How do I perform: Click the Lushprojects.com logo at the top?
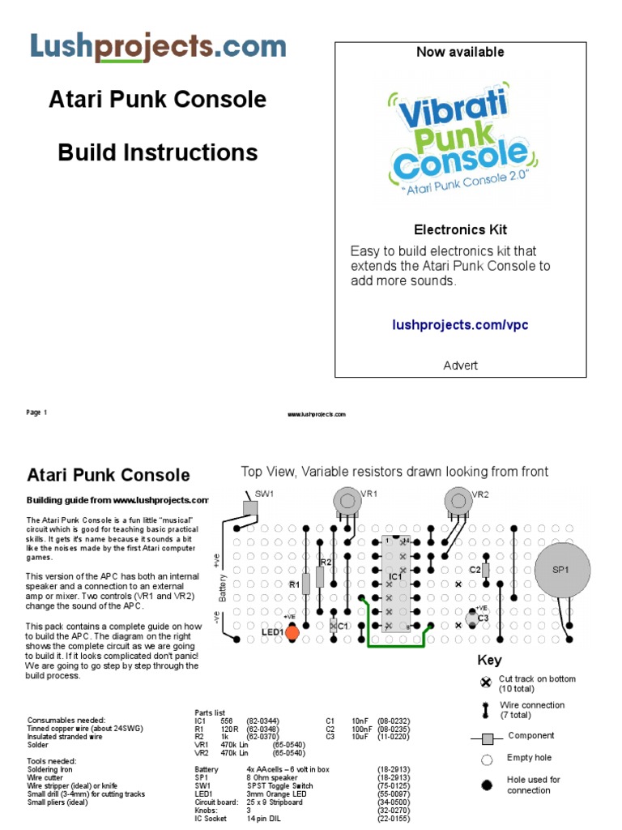(158, 46)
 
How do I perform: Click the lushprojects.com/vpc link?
(459, 325)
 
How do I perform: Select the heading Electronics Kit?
(460, 229)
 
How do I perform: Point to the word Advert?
(460, 366)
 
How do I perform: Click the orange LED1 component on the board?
(292, 631)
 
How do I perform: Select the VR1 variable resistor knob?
(346, 500)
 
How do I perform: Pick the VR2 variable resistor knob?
(458, 500)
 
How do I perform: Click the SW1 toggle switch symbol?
(249, 507)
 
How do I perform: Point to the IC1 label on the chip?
(395, 576)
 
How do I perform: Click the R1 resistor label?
(294, 584)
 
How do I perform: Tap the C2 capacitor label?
(475, 571)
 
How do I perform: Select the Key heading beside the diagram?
(489, 660)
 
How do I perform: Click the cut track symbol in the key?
(486, 682)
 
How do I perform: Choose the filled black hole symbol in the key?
(487, 785)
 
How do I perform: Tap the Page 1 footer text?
(37, 413)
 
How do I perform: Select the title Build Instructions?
(158, 152)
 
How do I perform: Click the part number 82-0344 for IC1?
(262, 720)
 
